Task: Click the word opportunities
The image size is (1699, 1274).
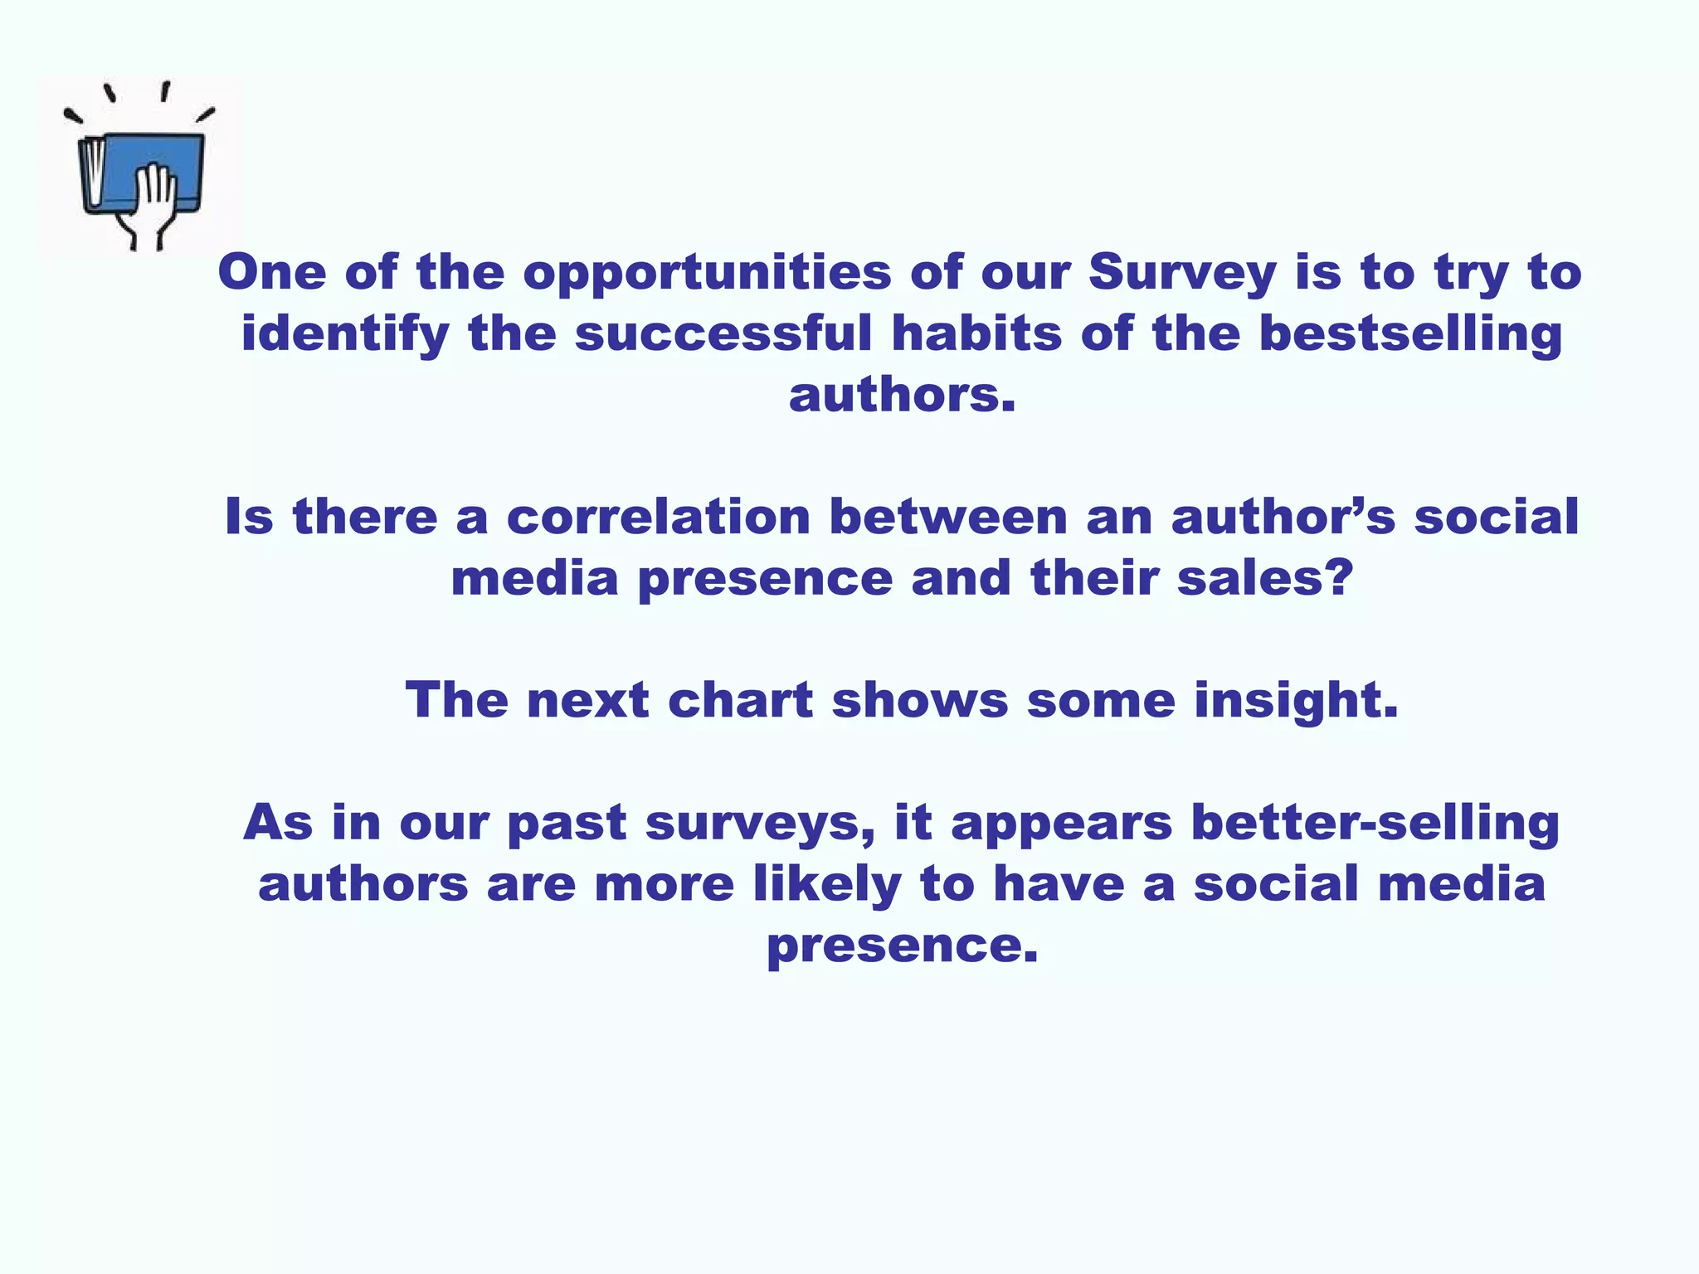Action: [x=707, y=274]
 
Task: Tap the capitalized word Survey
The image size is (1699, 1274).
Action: [x=1182, y=274]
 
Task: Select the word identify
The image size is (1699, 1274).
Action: [x=345, y=335]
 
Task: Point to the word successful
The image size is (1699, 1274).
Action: [x=723, y=333]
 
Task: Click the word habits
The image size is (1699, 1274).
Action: [x=976, y=333]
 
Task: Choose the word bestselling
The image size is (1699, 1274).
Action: [x=1410, y=335]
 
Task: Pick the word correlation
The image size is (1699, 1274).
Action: [x=658, y=517]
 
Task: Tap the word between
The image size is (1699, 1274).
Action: [x=948, y=517]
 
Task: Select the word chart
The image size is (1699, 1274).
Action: [x=740, y=700]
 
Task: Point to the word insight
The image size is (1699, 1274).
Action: [x=1296, y=702]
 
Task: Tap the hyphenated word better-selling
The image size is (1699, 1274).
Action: [x=1375, y=824]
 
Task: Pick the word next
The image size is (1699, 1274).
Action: [x=587, y=700]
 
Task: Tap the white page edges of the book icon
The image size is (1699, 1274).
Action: [x=95, y=173]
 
